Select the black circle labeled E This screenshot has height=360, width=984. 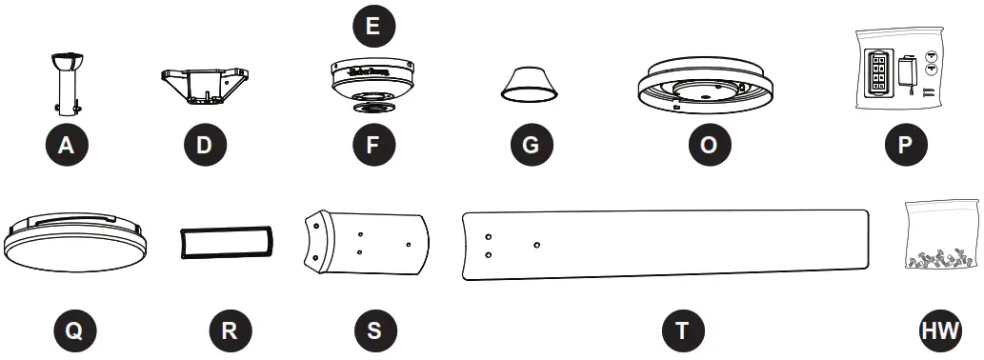(x=372, y=26)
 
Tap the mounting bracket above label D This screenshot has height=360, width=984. (x=203, y=84)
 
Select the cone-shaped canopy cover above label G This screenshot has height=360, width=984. (x=530, y=85)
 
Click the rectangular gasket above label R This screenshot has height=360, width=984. (x=227, y=242)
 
